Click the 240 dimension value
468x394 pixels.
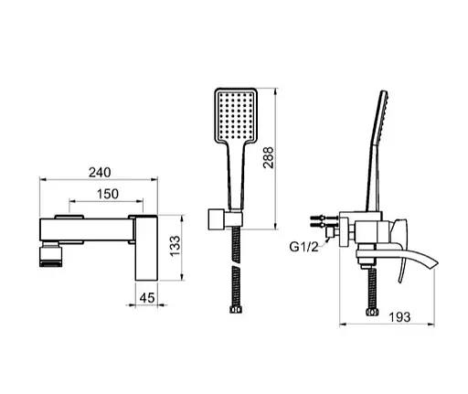pyautogui.click(x=100, y=173)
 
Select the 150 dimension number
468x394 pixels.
pyautogui.click(x=108, y=194)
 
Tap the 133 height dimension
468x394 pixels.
pyautogui.click(x=175, y=246)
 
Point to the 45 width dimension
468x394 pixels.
pyautogui.click(x=147, y=298)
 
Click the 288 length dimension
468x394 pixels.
pyautogui.click(x=269, y=157)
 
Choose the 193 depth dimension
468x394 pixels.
pyautogui.click(x=399, y=317)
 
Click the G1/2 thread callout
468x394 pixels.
pyautogui.click(x=303, y=247)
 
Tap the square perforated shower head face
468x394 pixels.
pyautogui.click(x=236, y=115)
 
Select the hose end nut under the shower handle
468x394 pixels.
pyautogui.click(x=236, y=310)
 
